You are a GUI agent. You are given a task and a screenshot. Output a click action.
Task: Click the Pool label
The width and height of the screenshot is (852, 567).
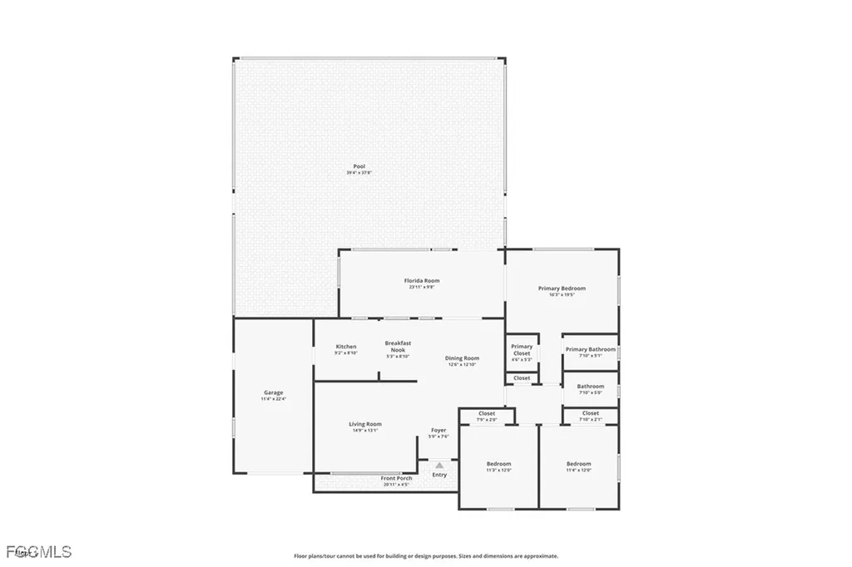pyautogui.click(x=359, y=166)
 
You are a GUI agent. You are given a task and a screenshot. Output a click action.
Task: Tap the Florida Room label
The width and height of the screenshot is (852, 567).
pyautogui.click(x=423, y=281)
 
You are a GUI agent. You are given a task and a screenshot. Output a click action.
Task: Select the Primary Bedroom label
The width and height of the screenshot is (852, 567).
pyautogui.click(x=562, y=288)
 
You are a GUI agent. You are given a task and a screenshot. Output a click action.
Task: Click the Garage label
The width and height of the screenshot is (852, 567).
pyautogui.click(x=274, y=392)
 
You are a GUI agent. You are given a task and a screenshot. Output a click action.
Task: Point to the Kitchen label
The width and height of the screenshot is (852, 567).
pyautogui.click(x=346, y=347)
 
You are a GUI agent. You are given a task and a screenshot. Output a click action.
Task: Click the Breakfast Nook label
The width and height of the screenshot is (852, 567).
pyautogui.click(x=398, y=347)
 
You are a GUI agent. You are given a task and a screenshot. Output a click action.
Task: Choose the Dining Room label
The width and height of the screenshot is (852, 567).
pyautogui.click(x=462, y=358)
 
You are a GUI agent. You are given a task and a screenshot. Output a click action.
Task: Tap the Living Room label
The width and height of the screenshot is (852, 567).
pyautogui.click(x=365, y=424)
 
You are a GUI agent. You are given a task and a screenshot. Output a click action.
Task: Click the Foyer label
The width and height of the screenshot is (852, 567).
pyautogui.click(x=438, y=431)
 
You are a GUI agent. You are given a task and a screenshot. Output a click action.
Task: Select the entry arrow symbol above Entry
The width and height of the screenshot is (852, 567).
pyautogui.click(x=439, y=466)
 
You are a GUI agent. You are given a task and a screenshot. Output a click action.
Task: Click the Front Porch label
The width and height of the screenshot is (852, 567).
pyautogui.click(x=397, y=479)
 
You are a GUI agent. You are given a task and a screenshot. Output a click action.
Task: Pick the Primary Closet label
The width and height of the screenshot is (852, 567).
pyautogui.click(x=522, y=350)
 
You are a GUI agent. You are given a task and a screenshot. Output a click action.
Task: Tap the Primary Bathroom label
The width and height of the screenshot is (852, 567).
pyautogui.click(x=591, y=350)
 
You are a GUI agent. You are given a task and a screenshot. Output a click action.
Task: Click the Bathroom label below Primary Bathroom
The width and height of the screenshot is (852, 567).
pyautogui.click(x=591, y=386)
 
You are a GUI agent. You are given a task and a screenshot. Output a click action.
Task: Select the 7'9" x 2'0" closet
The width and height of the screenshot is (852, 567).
pyautogui.click(x=487, y=414)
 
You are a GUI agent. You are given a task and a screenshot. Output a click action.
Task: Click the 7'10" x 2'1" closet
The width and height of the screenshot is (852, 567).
pyautogui.click(x=591, y=414)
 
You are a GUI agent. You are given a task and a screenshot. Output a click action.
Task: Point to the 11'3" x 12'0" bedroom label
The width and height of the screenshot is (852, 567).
pyautogui.click(x=498, y=464)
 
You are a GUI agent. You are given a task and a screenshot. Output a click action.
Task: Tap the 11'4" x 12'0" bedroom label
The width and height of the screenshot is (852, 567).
pyautogui.click(x=578, y=464)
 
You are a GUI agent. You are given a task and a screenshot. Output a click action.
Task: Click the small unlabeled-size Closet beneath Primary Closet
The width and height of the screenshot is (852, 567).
pyautogui.click(x=522, y=378)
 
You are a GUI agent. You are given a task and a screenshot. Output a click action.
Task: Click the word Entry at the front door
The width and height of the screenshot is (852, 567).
pyautogui.click(x=439, y=475)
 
